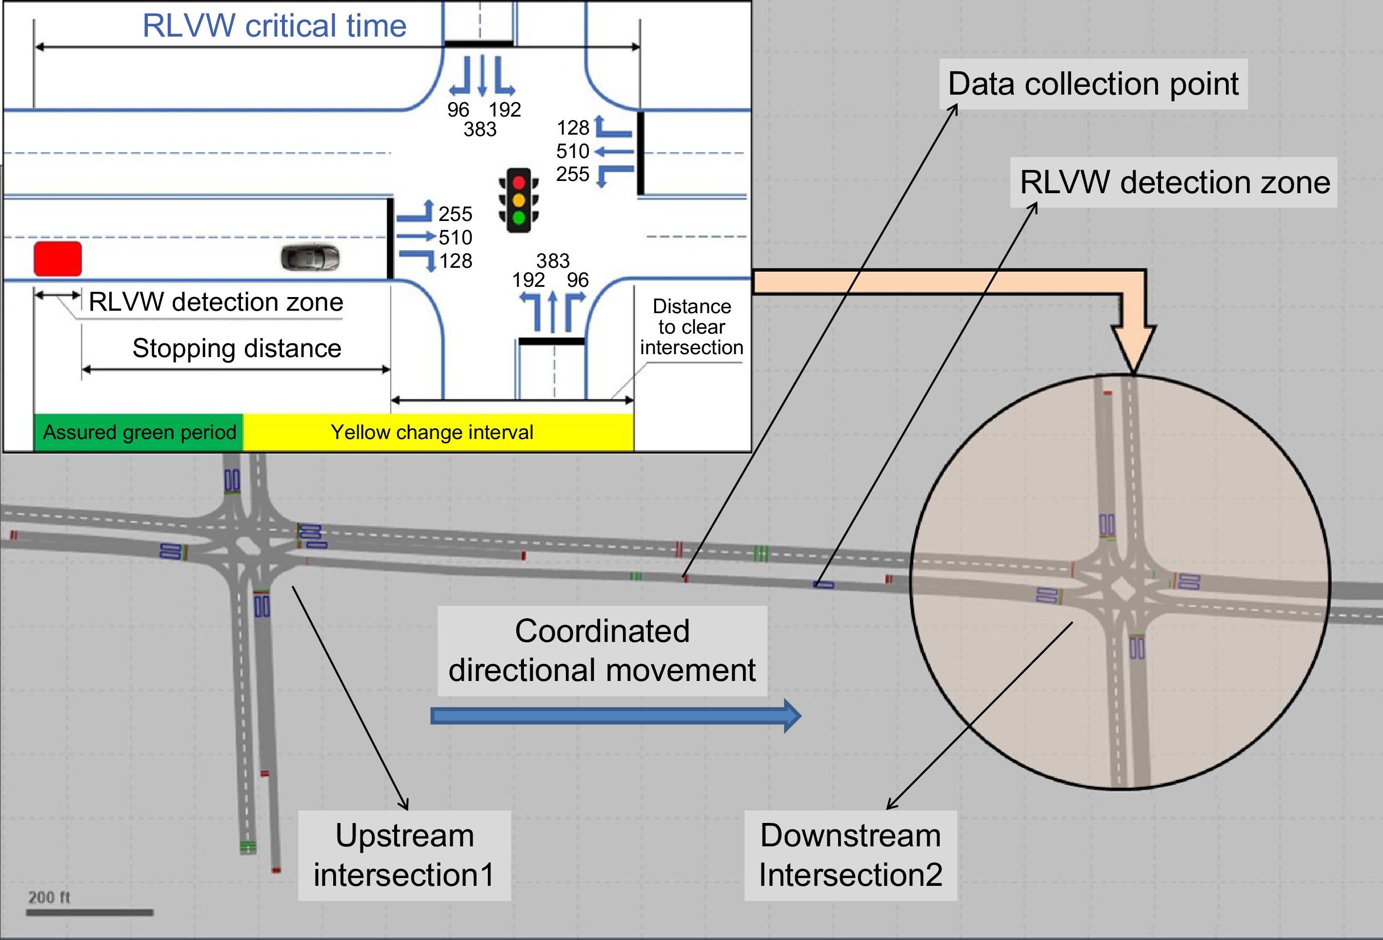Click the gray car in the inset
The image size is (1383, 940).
pyautogui.click(x=310, y=258)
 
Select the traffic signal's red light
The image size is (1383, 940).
pyautogui.click(x=519, y=182)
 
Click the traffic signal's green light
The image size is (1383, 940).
pyautogui.click(x=519, y=218)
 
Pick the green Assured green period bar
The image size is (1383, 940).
pyautogui.click(x=139, y=432)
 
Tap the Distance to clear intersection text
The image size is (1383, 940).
pyautogui.click(x=692, y=327)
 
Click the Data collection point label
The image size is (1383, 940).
pyautogui.click(x=1093, y=84)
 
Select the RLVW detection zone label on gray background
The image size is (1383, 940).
pyautogui.click(x=1175, y=182)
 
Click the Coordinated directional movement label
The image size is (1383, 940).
pyautogui.click(x=602, y=651)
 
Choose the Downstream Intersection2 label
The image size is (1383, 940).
pyautogui.click(x=850, y=855)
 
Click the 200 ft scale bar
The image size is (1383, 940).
pyautogui.click(x=89, y=912)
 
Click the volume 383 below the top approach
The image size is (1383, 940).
pyautogui.click(x=480, y=129)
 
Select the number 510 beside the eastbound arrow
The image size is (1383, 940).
pyautogui.click(x=455, y=238)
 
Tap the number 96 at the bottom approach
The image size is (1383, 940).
pyautogui.click(x=577, y=280)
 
